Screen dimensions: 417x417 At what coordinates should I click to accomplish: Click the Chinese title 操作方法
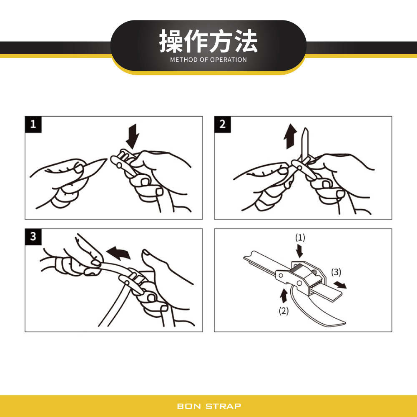pyautogui.click(x=208, y=42)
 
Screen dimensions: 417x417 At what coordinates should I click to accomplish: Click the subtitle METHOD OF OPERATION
pyautogui.click(x=208, y=60)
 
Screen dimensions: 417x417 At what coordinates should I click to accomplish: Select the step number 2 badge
pyautogui.click(x=223, y=124)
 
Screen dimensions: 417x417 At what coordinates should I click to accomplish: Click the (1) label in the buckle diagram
pyautogui.click(x=300, y=238)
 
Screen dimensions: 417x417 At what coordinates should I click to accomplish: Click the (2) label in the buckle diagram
pyautogui.click(x=284, y=311)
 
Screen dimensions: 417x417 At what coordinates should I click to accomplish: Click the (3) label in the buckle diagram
pyautogui.click(x=336, y=272)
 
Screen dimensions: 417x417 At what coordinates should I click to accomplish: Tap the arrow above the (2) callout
pyautogui.click(x=284, y=296)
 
